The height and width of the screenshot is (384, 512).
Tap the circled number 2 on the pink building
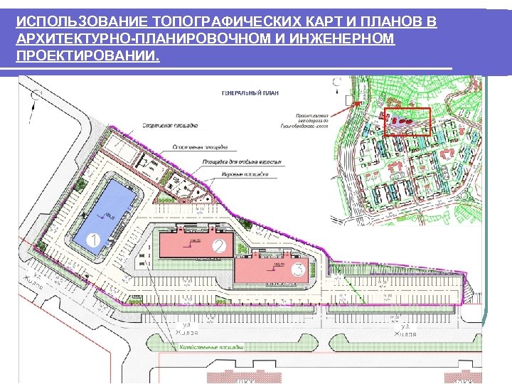[220, 246]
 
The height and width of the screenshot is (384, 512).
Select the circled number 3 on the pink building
[299, 270]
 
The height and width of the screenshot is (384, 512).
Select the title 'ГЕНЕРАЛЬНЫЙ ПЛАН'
[250, 92]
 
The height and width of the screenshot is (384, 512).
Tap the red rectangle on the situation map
[407, 122]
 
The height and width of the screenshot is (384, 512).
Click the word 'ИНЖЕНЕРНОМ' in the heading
[346, 39]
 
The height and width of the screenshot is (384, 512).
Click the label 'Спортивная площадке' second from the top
[199, 146]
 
